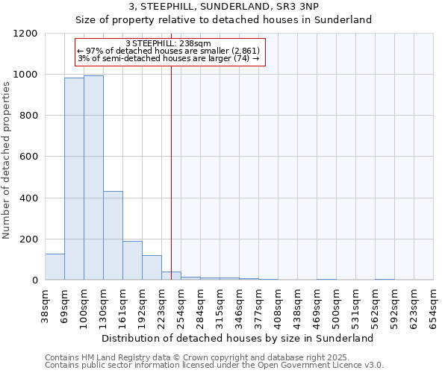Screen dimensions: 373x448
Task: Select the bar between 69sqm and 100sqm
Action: coord(74,179)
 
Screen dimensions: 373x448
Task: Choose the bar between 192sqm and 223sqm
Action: coord(152,268)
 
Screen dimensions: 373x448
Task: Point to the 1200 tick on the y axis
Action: coord(27,34)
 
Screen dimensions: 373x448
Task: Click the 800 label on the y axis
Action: coord(29,116)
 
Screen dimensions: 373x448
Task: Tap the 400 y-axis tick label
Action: coord(29,198)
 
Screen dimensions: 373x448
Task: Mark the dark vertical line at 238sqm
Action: coord(171,186)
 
